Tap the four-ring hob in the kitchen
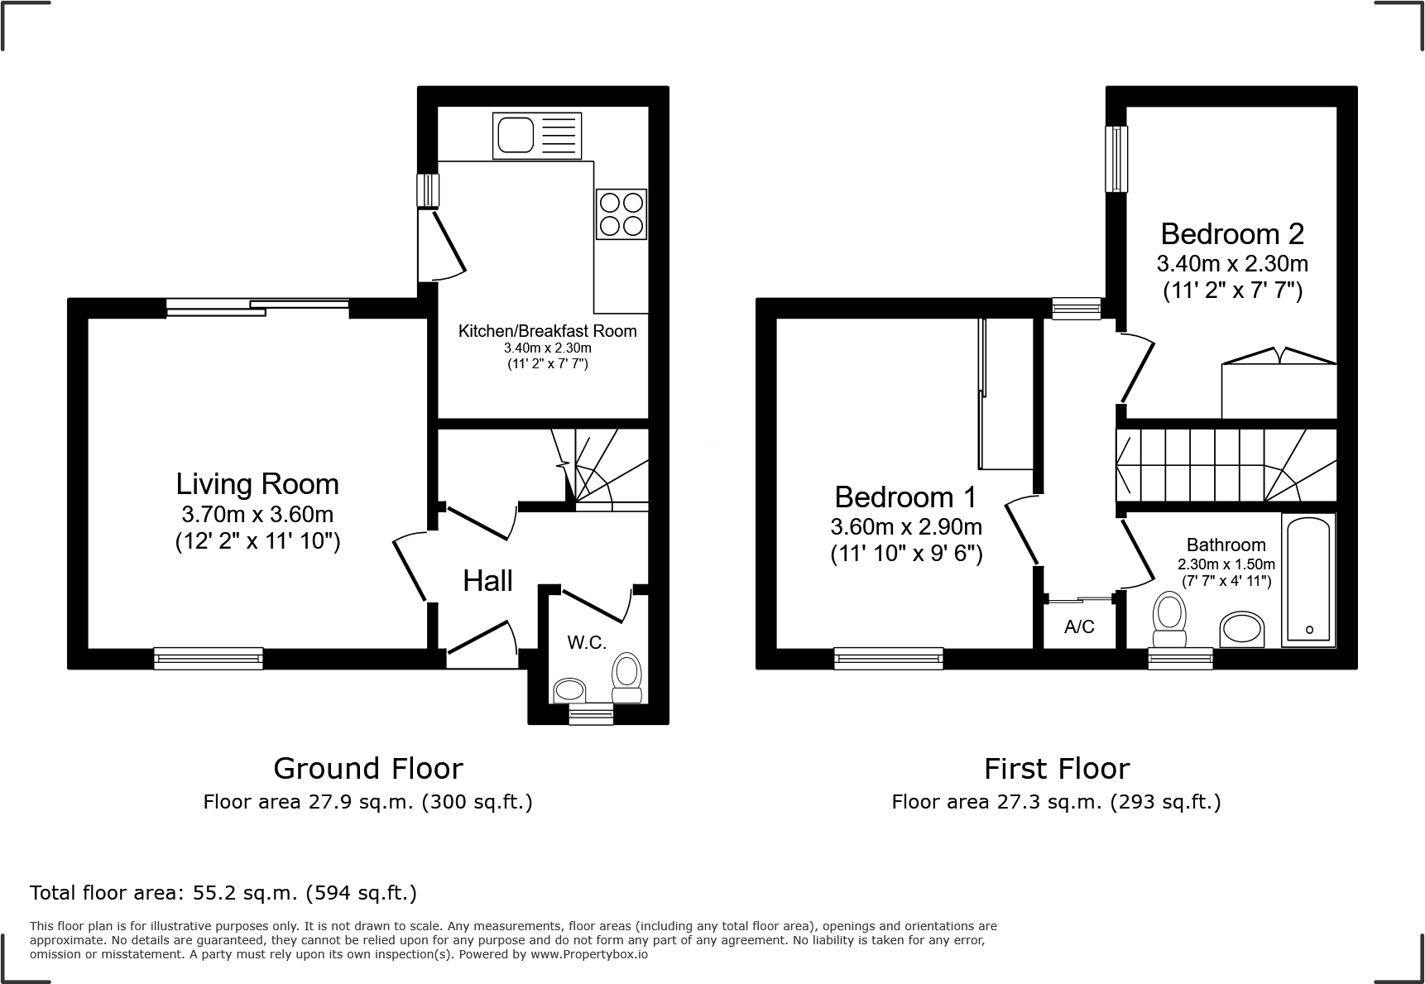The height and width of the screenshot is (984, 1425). [621, 214]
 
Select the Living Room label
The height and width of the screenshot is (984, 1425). [257, 484]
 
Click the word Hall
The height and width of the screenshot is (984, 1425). [487, 581]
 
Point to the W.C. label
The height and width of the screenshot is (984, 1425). [587, 642]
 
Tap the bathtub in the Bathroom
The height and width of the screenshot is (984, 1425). [1308, 579]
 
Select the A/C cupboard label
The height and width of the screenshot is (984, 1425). [1079, 627]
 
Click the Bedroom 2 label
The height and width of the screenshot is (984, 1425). [1232, 234]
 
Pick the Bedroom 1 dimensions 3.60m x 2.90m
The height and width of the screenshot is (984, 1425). [906, 526]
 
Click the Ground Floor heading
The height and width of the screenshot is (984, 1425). [368, 769]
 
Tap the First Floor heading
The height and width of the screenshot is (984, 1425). [1057, 769]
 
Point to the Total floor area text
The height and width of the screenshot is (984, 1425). [223, 893]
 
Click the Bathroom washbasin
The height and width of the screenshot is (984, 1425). [1241, 630]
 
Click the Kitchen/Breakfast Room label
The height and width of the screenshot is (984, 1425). [548, 331]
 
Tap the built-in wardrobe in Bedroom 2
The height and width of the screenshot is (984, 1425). [1279, 390]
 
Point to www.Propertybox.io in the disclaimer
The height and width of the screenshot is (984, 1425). [589, 954]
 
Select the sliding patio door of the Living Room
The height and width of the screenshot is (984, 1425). [257, 307]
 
